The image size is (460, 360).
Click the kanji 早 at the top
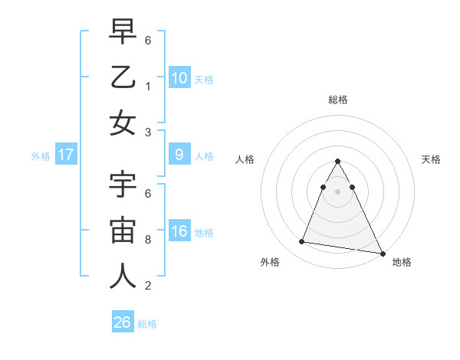[123, 34]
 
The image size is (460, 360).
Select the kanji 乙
[123, 78]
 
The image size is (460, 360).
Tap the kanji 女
[123, 123]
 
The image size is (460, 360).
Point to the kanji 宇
[123, 188]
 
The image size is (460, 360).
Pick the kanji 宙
[123, 232]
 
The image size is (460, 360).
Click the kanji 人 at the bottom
[123, 277]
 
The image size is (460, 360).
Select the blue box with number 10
[179, 77]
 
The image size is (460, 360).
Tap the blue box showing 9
[179, 155]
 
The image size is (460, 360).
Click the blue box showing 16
[179, 232]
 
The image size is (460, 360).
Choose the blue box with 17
[66, 155]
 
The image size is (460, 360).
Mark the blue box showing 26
[123, 322]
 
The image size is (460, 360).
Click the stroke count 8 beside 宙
[148, 239]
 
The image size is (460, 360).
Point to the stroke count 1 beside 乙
[148, 86]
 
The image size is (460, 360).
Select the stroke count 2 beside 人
[148, 286]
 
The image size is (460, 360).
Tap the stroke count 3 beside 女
[148, 131]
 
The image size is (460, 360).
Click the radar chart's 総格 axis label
[337, 100]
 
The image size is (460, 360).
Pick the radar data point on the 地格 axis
[382, 253]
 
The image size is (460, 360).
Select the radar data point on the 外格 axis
[301, 242]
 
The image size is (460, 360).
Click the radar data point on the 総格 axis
[337, 161]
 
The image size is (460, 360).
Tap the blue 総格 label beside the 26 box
[148, 324]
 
